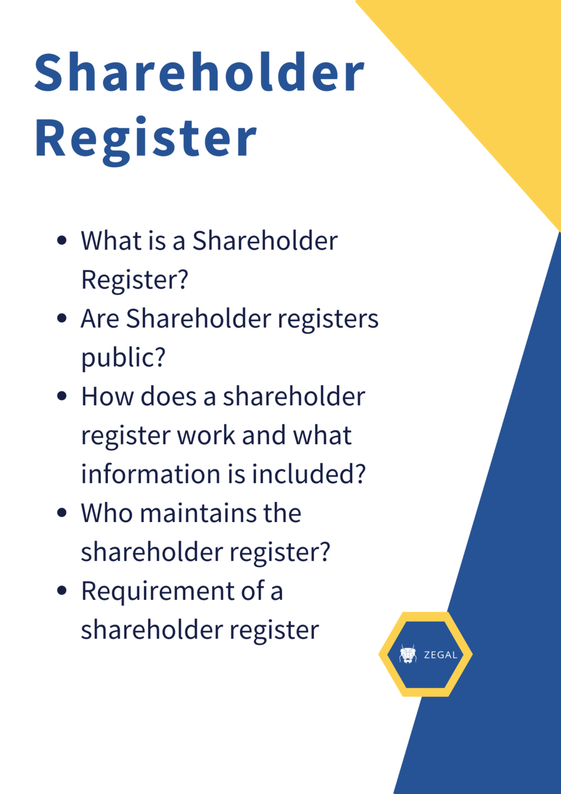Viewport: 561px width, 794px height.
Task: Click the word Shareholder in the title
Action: [x=199, y=73]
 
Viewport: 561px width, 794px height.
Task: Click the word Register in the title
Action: [x=145, y=138]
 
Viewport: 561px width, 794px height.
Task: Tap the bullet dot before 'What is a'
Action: [x=62, y=240]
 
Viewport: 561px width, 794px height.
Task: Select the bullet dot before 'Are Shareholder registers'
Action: [x=62, y=318]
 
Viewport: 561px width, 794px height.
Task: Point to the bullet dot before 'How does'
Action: [x=62, y=396]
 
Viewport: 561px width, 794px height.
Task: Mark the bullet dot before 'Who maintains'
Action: [x=62, y=513]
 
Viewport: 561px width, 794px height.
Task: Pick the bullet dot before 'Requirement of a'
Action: [x=62, y=591]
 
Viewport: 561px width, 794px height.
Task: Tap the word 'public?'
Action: [x=123, y=358]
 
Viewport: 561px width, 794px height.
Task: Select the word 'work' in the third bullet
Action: [x=207, y=435]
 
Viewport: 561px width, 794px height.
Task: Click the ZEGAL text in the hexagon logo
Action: [x=440, y=655]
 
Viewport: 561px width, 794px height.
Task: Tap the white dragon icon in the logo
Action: [x=408, y=654]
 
